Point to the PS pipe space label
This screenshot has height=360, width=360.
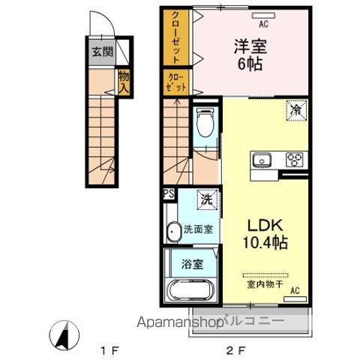pyautogui.click(x=169, y=194)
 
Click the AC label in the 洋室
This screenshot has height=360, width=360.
pyautogui.click(x=263, y=24)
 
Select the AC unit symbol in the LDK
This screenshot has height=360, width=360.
pyautogui.click(x=295, y=299)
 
